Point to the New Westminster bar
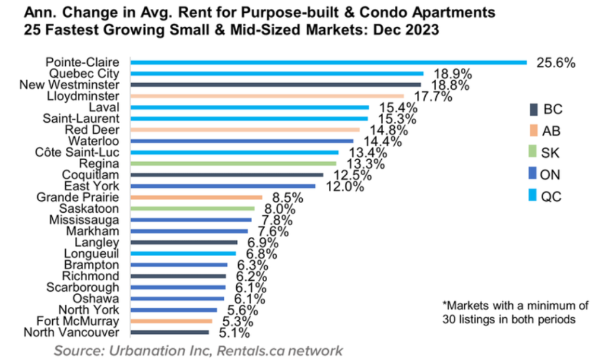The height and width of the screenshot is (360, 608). pyautogui.click(x=275, y=84)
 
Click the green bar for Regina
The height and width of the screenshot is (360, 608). pyautogui.click(x=233, y=163)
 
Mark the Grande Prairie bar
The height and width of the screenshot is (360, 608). pyautogui.click(x=197, y=197)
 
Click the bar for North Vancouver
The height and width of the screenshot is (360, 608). pyautogui.click(x=170, y=333)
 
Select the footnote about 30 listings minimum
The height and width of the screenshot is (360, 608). pyautogui.click(x=515, y=312)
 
